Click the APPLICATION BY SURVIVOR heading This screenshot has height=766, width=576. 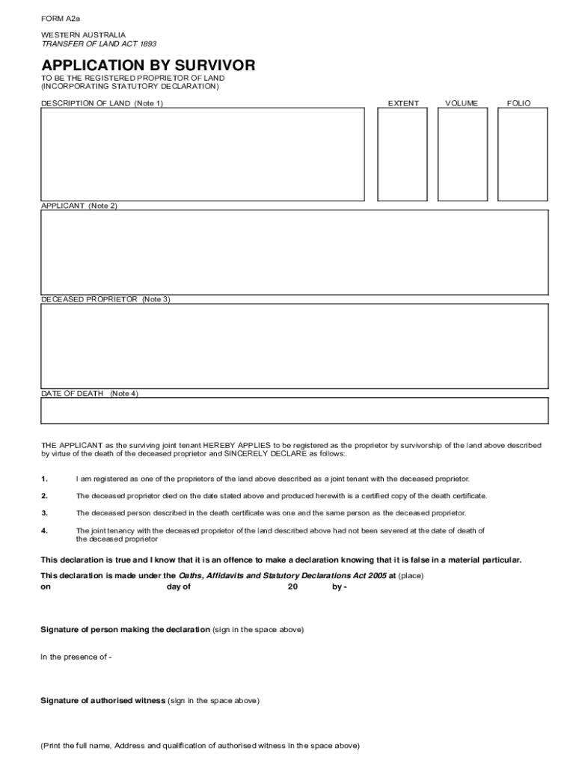pyautogui.click(x=147, y=66)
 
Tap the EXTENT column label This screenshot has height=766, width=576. pyautogui.click(x=402, y=103)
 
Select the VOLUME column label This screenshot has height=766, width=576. pyautogui.click(x=461, y=103)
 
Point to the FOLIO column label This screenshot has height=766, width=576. pyautogui.click(x=518, y=103)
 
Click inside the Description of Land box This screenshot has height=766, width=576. pyautogui.click(x=202, y=154)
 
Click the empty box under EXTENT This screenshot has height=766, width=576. pyautogui.click(x=402, y=154)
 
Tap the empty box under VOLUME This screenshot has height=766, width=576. pyautogui.click(x=462, y=154)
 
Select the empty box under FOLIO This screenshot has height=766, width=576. pyautogui.click(x=523, y=154)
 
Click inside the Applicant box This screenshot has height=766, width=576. pyautogui.click(x=294, y=253)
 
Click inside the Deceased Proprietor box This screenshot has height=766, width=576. pyautogui.click(x=294, y=346)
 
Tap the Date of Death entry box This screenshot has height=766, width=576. pyautogui.click(x=294, y=411)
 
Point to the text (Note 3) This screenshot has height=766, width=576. pyautogui.click(x=156, y=299)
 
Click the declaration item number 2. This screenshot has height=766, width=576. pyautogui.click(x=45, y=496)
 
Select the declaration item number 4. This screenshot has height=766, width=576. pyautogui.click(x=45, y=530)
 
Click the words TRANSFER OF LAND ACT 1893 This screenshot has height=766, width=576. pyautogui.click(x=88, y=44)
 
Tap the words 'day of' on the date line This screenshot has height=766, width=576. pyautogui.click(x=179, y=587)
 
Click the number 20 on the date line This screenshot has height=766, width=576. pyautogui.click(x=292, y=587)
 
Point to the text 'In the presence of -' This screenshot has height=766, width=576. pyautogui.click(x=76, y=657)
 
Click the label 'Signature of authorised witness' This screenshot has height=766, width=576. pyautogui.click(x=103, y=701)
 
